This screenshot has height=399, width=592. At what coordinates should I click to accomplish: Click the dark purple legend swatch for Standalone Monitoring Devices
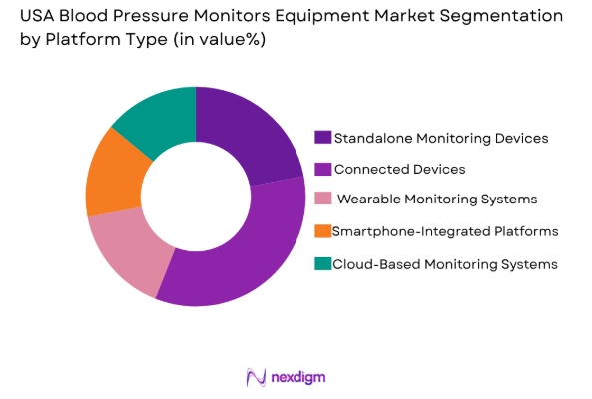322,137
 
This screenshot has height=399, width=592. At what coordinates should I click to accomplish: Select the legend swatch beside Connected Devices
322,169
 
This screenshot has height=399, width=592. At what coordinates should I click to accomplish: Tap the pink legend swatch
322,199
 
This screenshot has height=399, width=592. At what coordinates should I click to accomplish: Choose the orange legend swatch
322,231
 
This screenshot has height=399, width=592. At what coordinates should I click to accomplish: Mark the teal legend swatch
322,263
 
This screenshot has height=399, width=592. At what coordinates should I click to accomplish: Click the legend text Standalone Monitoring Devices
441,137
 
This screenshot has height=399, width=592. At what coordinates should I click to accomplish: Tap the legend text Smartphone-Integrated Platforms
445,231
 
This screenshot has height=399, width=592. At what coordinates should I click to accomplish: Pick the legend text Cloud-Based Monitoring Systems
444,263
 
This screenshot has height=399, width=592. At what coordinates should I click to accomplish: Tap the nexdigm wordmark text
297,377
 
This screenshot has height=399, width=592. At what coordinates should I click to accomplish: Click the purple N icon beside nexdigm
256,377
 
